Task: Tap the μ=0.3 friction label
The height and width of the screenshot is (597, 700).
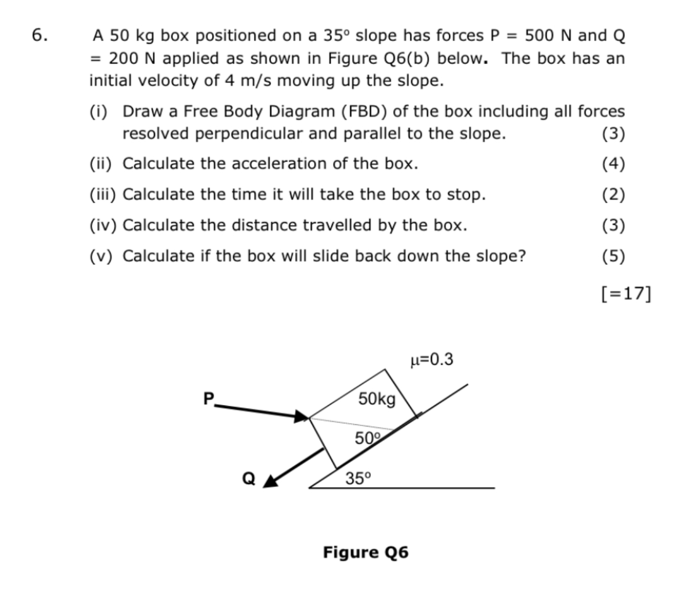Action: tap(431, 360)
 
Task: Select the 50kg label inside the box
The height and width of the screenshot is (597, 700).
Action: tap(377, 399)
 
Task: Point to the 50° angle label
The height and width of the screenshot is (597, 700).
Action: tap(366, 438)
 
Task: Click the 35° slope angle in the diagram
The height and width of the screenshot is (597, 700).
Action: tap(358, 479)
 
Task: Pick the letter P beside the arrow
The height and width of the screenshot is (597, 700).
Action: tap(209, 399)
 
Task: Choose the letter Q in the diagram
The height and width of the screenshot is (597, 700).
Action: tap(248, 479)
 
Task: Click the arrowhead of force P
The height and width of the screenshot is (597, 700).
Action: tap(302, 417)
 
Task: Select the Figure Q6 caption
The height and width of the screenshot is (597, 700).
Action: tap(365, 552)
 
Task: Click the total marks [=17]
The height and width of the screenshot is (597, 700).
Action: tap(625, 293)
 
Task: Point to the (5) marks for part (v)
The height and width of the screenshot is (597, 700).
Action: tap(613, 256)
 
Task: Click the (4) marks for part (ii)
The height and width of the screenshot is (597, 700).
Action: tap(613, 164)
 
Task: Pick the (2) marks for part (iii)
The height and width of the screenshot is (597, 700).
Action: tap(613, 194)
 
